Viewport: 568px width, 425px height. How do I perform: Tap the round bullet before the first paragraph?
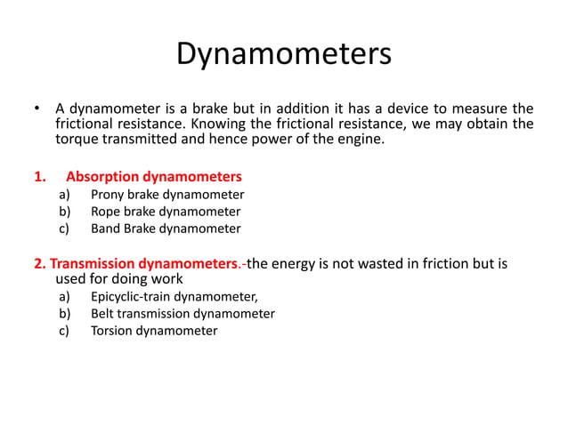[37, 109]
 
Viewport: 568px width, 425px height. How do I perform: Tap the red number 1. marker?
[39, 176]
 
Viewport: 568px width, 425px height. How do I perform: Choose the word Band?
[107, 229]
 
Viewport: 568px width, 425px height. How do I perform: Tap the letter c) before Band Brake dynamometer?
[64, 229]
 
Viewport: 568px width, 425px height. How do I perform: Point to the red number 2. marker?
[40, 263]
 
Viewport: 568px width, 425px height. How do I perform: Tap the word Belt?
[104, 314]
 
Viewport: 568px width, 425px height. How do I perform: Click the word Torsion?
[113, 331]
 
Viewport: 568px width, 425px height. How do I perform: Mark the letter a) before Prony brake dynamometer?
[64, 195]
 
